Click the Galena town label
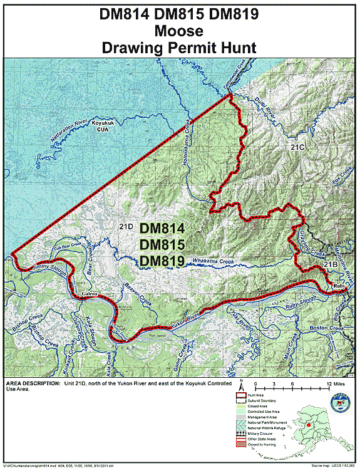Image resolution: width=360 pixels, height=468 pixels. tap(89, 293)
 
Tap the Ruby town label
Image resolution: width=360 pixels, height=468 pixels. tap(339, 287)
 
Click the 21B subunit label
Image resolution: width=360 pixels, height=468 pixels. tap(331, 266)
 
